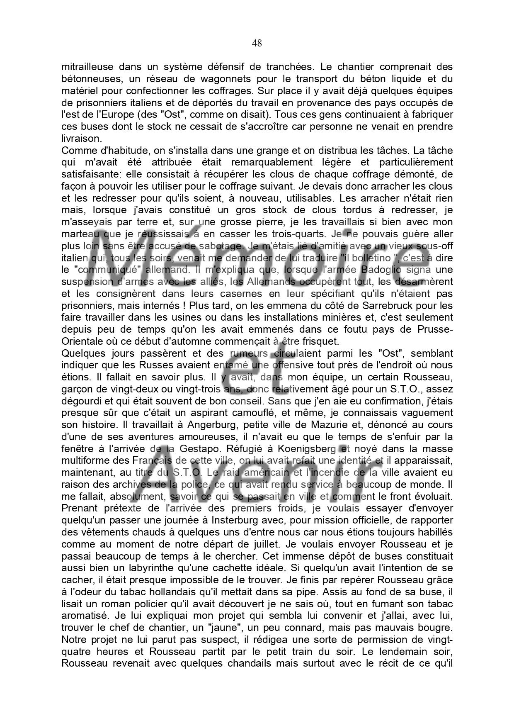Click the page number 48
click(x=257, y=43)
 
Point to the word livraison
click(x=81, y=139)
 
